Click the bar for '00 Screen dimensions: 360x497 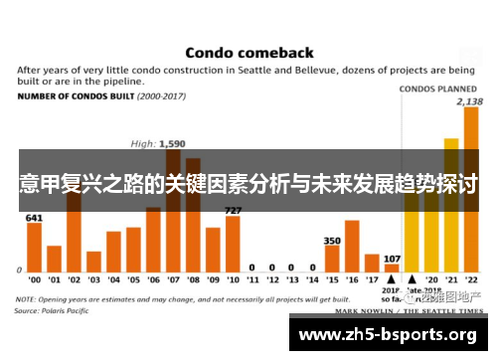click(x=34, y=246)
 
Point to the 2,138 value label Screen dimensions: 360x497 click(x=469, y=101)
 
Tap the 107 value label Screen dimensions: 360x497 click(x=392, y=259)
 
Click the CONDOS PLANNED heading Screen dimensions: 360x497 click(x=437, y=89)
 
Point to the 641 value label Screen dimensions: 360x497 click(x=34, y=217)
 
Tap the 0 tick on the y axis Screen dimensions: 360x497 click(x=19, y=270)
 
